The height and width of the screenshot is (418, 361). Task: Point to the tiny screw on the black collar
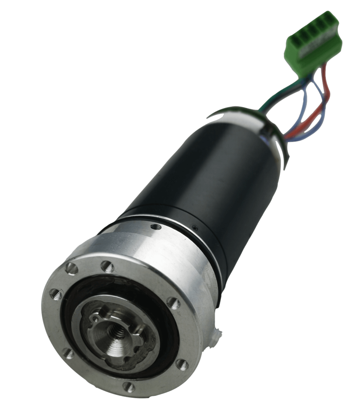coord(195,227)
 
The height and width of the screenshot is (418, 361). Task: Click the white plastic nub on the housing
coord(217,334)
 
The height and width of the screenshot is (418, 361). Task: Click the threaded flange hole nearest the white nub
coord(182,364)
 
